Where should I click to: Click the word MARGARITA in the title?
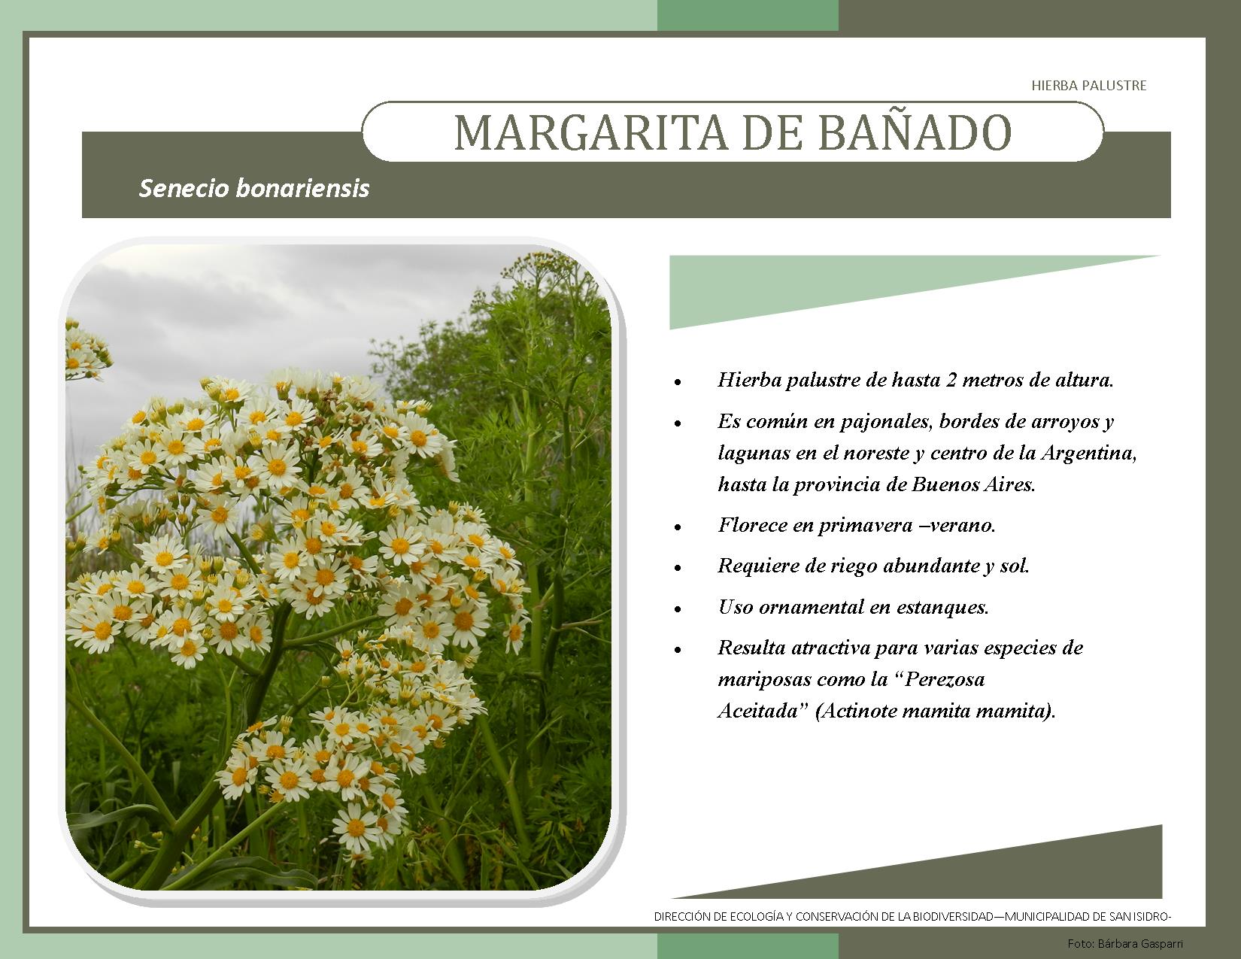(590, 133)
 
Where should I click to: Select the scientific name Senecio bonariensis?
(254, 189)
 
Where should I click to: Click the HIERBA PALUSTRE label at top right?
(1088, 86)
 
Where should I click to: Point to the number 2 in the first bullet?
(951, 380)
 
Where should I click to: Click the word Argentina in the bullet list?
(1088, 453)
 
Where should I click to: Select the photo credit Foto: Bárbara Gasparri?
(1125, 944)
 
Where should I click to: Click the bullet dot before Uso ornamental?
(678, 609)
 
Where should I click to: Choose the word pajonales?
(887, 422)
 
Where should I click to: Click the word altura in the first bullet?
(1084, 380)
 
